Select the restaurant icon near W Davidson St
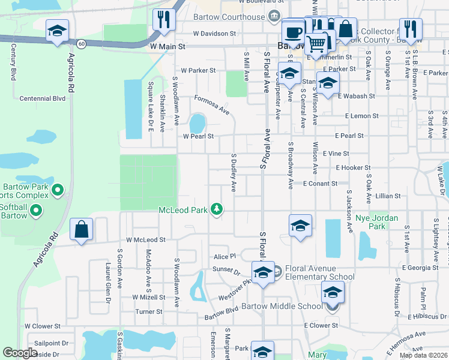pos(163,20)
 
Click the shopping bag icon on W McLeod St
pos(81,229)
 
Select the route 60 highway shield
pos(81,43)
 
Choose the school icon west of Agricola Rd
pos(57,31)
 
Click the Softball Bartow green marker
pos(35,210)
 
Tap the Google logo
pos(20,353)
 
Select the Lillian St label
pos(387,196)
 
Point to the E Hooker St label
pos(354,168)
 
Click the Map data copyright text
pos(423,355)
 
